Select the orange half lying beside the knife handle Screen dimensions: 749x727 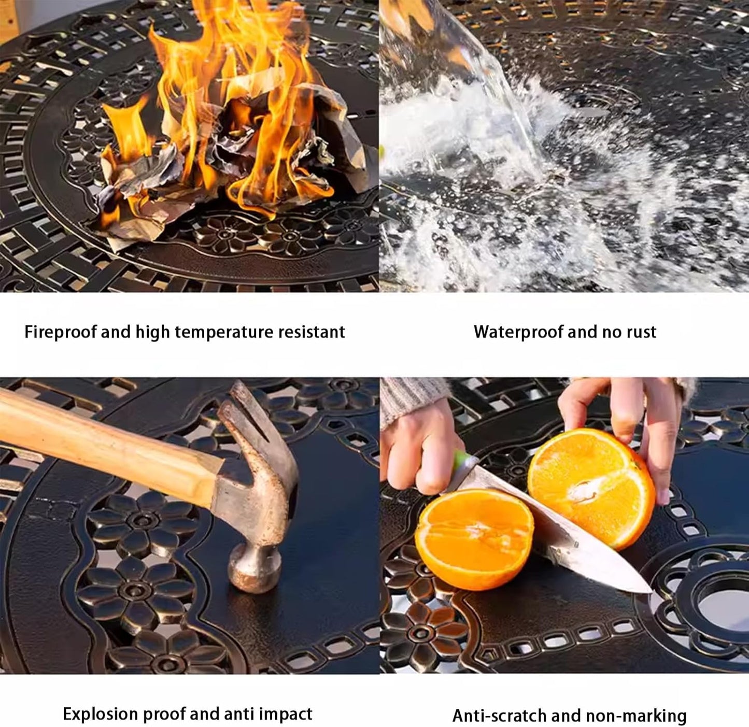(474, 539)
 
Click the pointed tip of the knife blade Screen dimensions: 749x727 (651, 592)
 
